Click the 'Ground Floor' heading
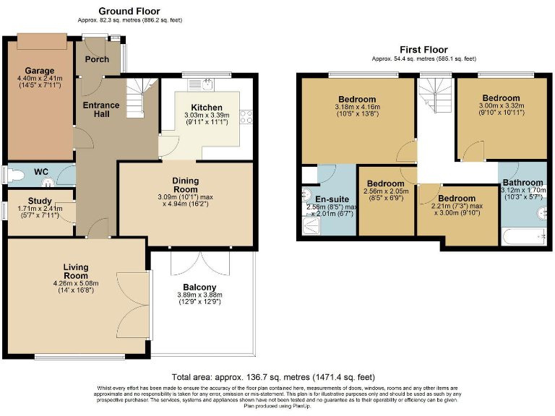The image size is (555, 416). point(129,11)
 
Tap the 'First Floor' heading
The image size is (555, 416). point(423,49)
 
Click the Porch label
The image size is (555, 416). point(98,59)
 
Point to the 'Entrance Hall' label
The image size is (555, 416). point(101,110)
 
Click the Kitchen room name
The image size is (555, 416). point(206,107)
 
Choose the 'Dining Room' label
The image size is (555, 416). point(185,185)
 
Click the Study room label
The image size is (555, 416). point(40,201)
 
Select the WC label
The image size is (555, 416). point(41,171)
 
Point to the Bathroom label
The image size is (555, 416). point(522,183)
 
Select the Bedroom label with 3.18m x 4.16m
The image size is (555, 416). point(356,99)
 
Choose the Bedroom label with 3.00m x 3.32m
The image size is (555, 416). point(501,98)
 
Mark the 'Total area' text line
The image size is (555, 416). point(272,376)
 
